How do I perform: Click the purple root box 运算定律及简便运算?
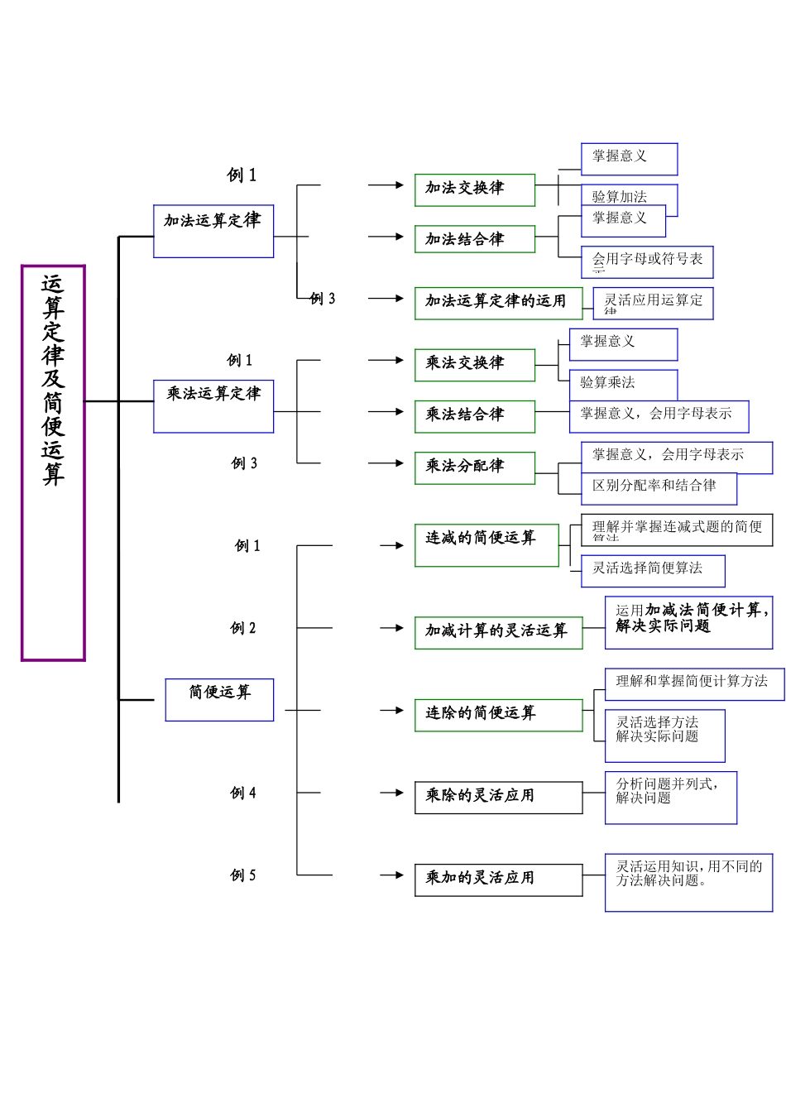53,463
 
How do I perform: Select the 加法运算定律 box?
213,232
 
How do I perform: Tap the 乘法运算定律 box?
213,406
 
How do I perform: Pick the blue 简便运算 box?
219,700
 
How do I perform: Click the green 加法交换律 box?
475,190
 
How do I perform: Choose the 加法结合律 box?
475,239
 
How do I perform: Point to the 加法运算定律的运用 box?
498,303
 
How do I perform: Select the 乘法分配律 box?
475,467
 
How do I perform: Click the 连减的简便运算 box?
486,545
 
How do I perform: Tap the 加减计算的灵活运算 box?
498,633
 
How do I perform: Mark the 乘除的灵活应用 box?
498,798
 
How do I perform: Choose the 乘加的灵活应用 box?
498,880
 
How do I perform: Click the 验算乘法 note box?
624,384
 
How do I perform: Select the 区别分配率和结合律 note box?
647,488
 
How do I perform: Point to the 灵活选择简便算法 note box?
653,571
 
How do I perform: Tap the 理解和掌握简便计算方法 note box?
694,684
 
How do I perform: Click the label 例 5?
243,875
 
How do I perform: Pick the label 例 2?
243,629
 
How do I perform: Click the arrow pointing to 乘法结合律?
386,411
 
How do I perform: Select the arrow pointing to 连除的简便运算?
391,710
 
